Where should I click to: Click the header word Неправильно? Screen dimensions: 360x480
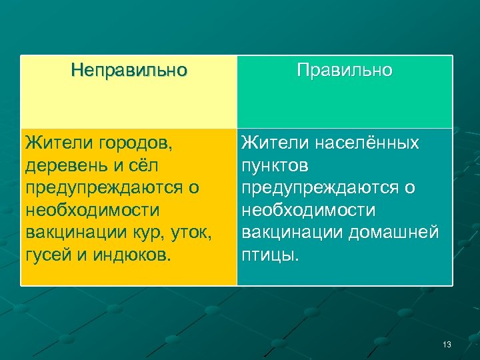coord(129,70)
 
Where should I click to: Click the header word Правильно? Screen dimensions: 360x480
coord(345,70)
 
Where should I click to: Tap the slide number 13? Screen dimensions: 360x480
coord(447,345)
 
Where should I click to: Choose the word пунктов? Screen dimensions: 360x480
coord(275,165)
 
